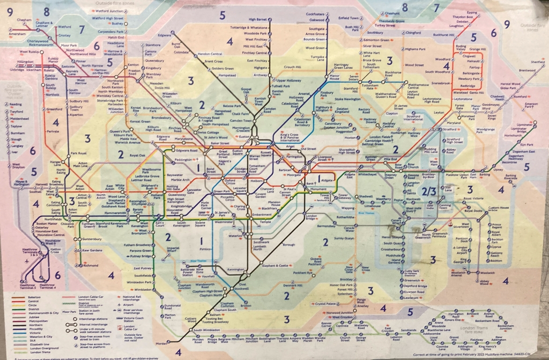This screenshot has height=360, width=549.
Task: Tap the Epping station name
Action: coord(472,12)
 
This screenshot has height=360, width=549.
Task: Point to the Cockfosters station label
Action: coord(315,14)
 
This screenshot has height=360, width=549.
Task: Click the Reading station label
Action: coord(17,105)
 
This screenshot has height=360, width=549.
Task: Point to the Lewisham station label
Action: coord(411,297)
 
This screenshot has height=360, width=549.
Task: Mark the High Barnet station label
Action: coord(258,20)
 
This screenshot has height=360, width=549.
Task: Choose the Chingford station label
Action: coord(413,33)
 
